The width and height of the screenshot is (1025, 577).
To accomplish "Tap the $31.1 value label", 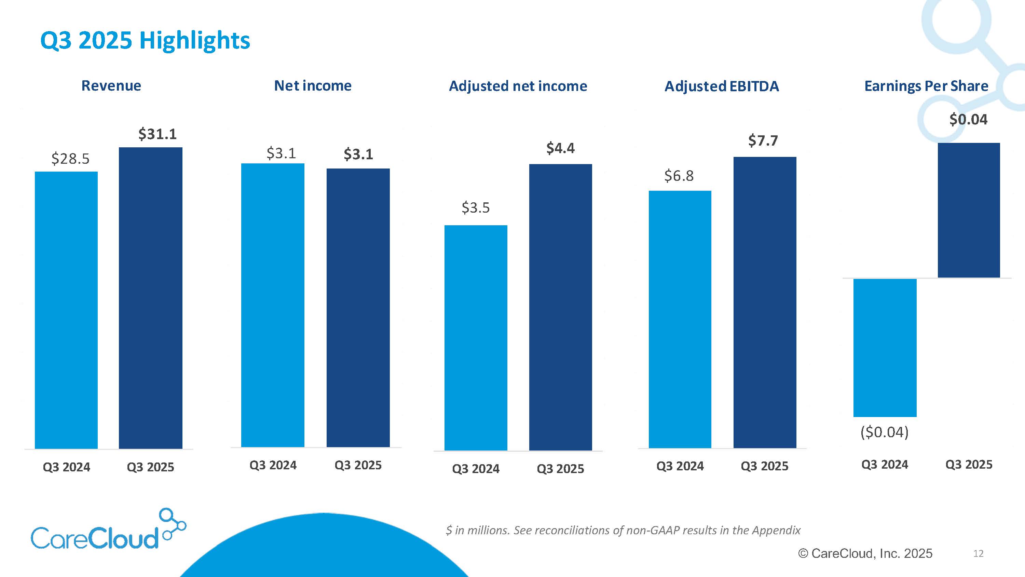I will click(x=157, y=134).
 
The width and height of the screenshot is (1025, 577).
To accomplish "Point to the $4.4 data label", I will click(x=560, y=148).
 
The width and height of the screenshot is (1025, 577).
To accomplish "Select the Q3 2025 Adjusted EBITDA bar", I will click(x=764, y=302).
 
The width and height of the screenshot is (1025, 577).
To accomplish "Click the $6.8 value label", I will click(x=679, y=176).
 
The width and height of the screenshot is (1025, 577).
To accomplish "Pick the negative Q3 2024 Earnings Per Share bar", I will click(x=885, y=348).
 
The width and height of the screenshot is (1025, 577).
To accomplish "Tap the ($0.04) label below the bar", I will click(x=884, y=432).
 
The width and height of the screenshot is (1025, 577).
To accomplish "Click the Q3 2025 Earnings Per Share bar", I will click(x=969, y=210).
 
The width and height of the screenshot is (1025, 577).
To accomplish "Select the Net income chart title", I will click(x=313, y=85).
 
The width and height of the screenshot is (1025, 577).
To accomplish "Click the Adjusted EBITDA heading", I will click(x=721, y=86).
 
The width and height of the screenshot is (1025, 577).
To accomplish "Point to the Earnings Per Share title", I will click(x=926, y=86).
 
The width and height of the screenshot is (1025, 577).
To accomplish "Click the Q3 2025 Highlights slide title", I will click(x=145, y=40).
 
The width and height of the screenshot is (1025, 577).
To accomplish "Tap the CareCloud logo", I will click(x=107, y=529).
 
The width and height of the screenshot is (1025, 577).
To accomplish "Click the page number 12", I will click(x=978, y=553).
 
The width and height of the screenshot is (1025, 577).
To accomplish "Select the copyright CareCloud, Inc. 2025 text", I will click(x=865, y=553).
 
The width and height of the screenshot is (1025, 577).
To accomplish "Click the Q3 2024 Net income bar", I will click(x=273, y=305).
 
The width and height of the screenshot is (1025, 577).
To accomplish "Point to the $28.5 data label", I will click(x=70, y=159).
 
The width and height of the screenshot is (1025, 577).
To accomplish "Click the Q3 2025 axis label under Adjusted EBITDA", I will click(x=764, y=466).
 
